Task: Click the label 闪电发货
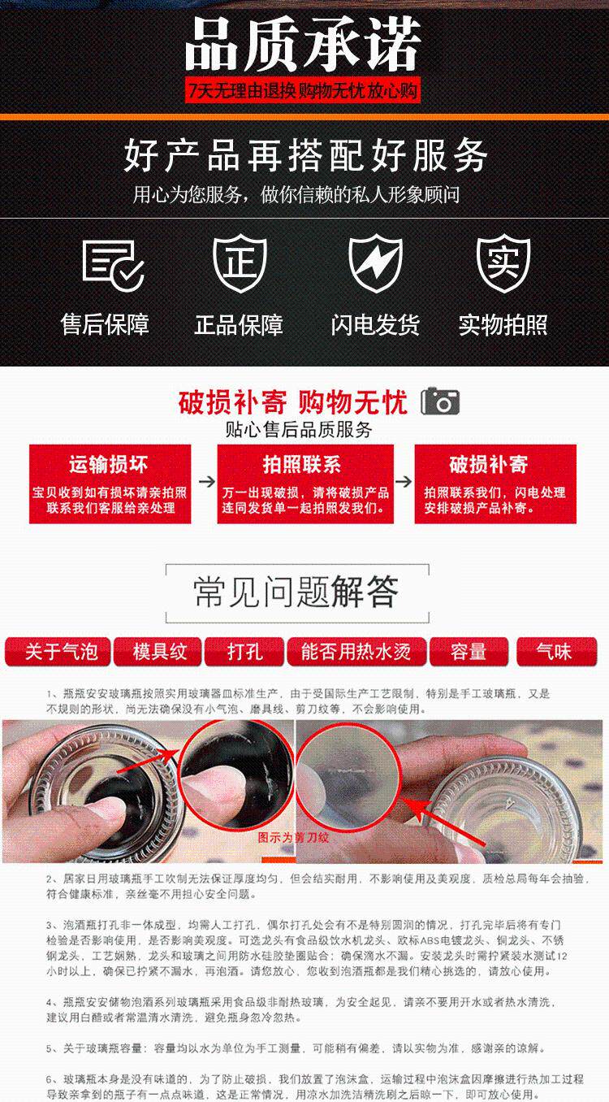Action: pos(375,325)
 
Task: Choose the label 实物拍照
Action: pos(503,325)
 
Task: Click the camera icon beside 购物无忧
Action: pos(441,401)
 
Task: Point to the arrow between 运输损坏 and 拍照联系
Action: pos(206,481)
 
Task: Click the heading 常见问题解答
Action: pos(296,592)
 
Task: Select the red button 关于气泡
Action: pos(56,651)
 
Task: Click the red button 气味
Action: pos(555,651)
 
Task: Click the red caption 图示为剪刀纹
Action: pos(294,837)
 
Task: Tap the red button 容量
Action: pos(469,651)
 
